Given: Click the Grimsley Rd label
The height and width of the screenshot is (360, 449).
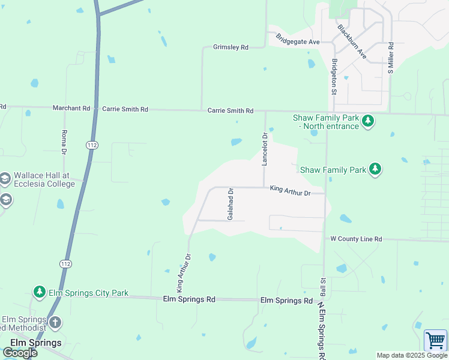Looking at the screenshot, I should tap(231, 47).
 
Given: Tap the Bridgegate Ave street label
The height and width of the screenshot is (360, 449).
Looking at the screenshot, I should tap(298, 40).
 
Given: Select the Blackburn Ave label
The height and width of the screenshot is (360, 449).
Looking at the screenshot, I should tap(352, 40).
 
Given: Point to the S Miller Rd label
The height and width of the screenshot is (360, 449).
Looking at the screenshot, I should tap(390, 58).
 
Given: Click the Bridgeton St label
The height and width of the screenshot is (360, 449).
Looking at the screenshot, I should tap(334, 76).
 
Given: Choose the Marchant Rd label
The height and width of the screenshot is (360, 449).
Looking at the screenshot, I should tap(71, 109).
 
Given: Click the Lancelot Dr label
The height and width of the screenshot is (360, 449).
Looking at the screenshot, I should tap(264, 149).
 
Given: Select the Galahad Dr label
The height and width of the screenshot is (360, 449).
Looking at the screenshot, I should tap(230, 203).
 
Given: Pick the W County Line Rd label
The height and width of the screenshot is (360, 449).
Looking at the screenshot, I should tap(356, 239).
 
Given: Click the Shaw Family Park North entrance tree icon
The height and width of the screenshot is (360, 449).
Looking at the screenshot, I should tap(368, 122).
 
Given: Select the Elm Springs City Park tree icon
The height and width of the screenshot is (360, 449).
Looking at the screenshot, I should tap(40, 292).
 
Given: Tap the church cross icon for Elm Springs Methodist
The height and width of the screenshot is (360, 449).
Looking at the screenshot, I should tap(55, 323).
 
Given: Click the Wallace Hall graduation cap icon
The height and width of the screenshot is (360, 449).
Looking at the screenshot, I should tap(5, 179).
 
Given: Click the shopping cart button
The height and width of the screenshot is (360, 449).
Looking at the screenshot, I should tap(435, 340).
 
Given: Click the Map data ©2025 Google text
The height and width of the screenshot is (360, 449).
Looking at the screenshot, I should tap(411, 355).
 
